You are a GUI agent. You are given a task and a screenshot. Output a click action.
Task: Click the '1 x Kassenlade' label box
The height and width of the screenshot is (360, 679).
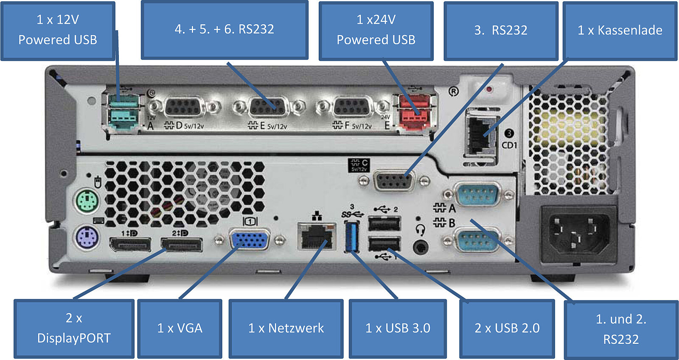point(620,31)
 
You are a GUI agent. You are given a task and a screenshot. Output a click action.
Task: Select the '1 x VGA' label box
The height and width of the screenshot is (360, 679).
point(180,328)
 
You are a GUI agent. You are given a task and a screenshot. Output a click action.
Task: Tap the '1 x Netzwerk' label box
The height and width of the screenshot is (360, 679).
point(286,328)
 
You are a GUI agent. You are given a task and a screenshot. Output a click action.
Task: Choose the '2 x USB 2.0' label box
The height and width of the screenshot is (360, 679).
point(507,328)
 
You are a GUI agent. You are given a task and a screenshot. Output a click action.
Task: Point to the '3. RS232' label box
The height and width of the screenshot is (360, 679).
point(501,31)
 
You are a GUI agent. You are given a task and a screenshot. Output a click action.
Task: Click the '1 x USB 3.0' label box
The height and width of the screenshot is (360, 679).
point(398,328)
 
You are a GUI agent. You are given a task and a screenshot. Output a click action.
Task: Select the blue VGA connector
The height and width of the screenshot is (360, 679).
point(250,240)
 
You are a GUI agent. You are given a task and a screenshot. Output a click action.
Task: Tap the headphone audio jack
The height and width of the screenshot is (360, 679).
point(421,247)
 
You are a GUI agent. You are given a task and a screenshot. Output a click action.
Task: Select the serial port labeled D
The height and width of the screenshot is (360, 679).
point(184,107)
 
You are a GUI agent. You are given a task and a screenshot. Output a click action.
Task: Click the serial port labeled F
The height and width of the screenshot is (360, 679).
point(352,107)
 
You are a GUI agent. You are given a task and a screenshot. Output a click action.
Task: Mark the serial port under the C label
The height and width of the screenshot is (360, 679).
point(393,182)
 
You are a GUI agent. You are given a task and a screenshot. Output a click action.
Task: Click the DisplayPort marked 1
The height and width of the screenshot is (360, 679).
point(130,245)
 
